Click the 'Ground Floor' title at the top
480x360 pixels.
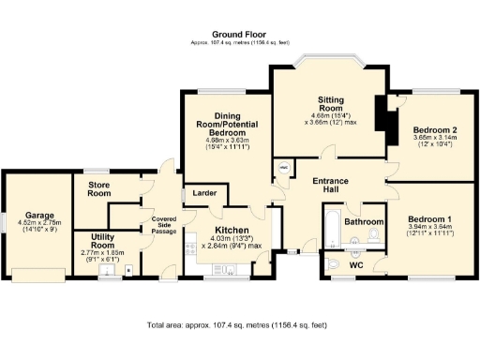(x=240, y=35)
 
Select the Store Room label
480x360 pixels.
(x=99, y=188)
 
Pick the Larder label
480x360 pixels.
(x=204, y=193)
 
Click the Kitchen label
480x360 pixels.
(x=231, y=230)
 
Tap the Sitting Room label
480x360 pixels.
(x=324, y=100)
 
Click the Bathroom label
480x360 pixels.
(x=364, y=222)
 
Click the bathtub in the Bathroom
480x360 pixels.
(x=332, y=230)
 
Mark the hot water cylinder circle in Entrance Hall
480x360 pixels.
(x=283, y=170)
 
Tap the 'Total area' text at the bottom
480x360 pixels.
(x=240, y=325)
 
